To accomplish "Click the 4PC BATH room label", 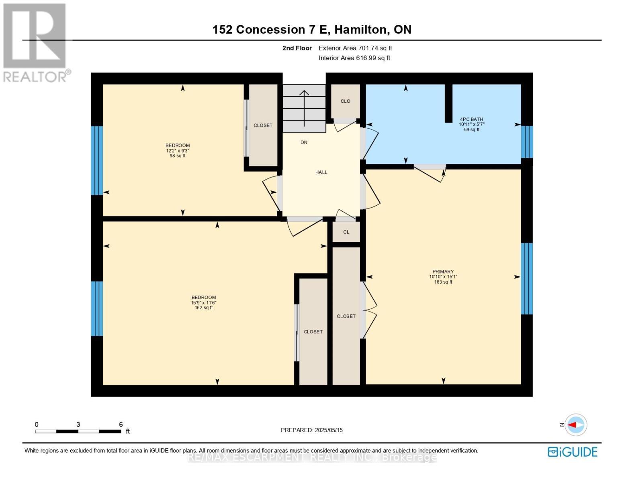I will click(471, 119).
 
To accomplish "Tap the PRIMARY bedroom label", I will click(443, 272).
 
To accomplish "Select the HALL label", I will click(321, 172).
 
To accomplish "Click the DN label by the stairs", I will click(304, 142).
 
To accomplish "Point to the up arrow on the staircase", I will click(304, 106).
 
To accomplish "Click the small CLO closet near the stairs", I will click(345, 101).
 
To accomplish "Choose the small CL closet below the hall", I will click(346, 232).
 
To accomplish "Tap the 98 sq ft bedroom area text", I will click(178, 156).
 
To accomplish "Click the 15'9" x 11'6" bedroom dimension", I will click(204, 303).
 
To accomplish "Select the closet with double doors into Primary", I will click(346, 316).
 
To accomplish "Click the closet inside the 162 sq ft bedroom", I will click(313, 332).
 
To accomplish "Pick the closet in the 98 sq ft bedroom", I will click(263, 125).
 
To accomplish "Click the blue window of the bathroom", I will click(527, 142).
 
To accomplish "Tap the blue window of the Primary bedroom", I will click(527, 278).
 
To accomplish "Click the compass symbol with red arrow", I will click(576, 425).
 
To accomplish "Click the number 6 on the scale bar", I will click(121, 424).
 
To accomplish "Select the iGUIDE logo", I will click(573, 452).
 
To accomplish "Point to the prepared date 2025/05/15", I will click(328, 430).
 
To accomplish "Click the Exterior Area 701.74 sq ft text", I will click(355, 48).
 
